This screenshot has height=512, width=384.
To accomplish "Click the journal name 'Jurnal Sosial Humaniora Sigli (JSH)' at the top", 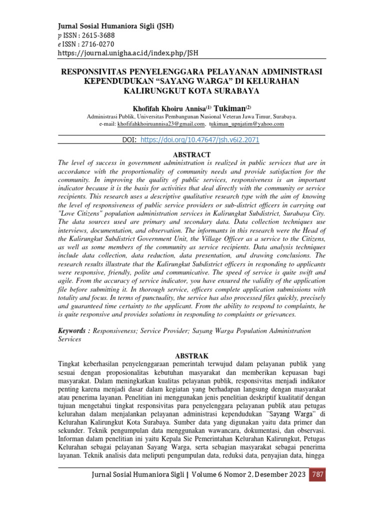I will (116, 26).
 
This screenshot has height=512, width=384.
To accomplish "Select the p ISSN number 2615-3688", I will (97, 35).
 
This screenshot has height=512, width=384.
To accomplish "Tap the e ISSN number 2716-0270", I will (97, 44).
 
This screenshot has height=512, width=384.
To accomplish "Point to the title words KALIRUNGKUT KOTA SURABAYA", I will (191, 91).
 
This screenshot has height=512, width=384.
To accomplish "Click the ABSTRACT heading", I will (191, 154).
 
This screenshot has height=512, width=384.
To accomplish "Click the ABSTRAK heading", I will (191, 355).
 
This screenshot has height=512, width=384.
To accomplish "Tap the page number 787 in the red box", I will (317, 474).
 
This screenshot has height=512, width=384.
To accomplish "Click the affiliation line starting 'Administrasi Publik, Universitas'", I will (191, 116).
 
